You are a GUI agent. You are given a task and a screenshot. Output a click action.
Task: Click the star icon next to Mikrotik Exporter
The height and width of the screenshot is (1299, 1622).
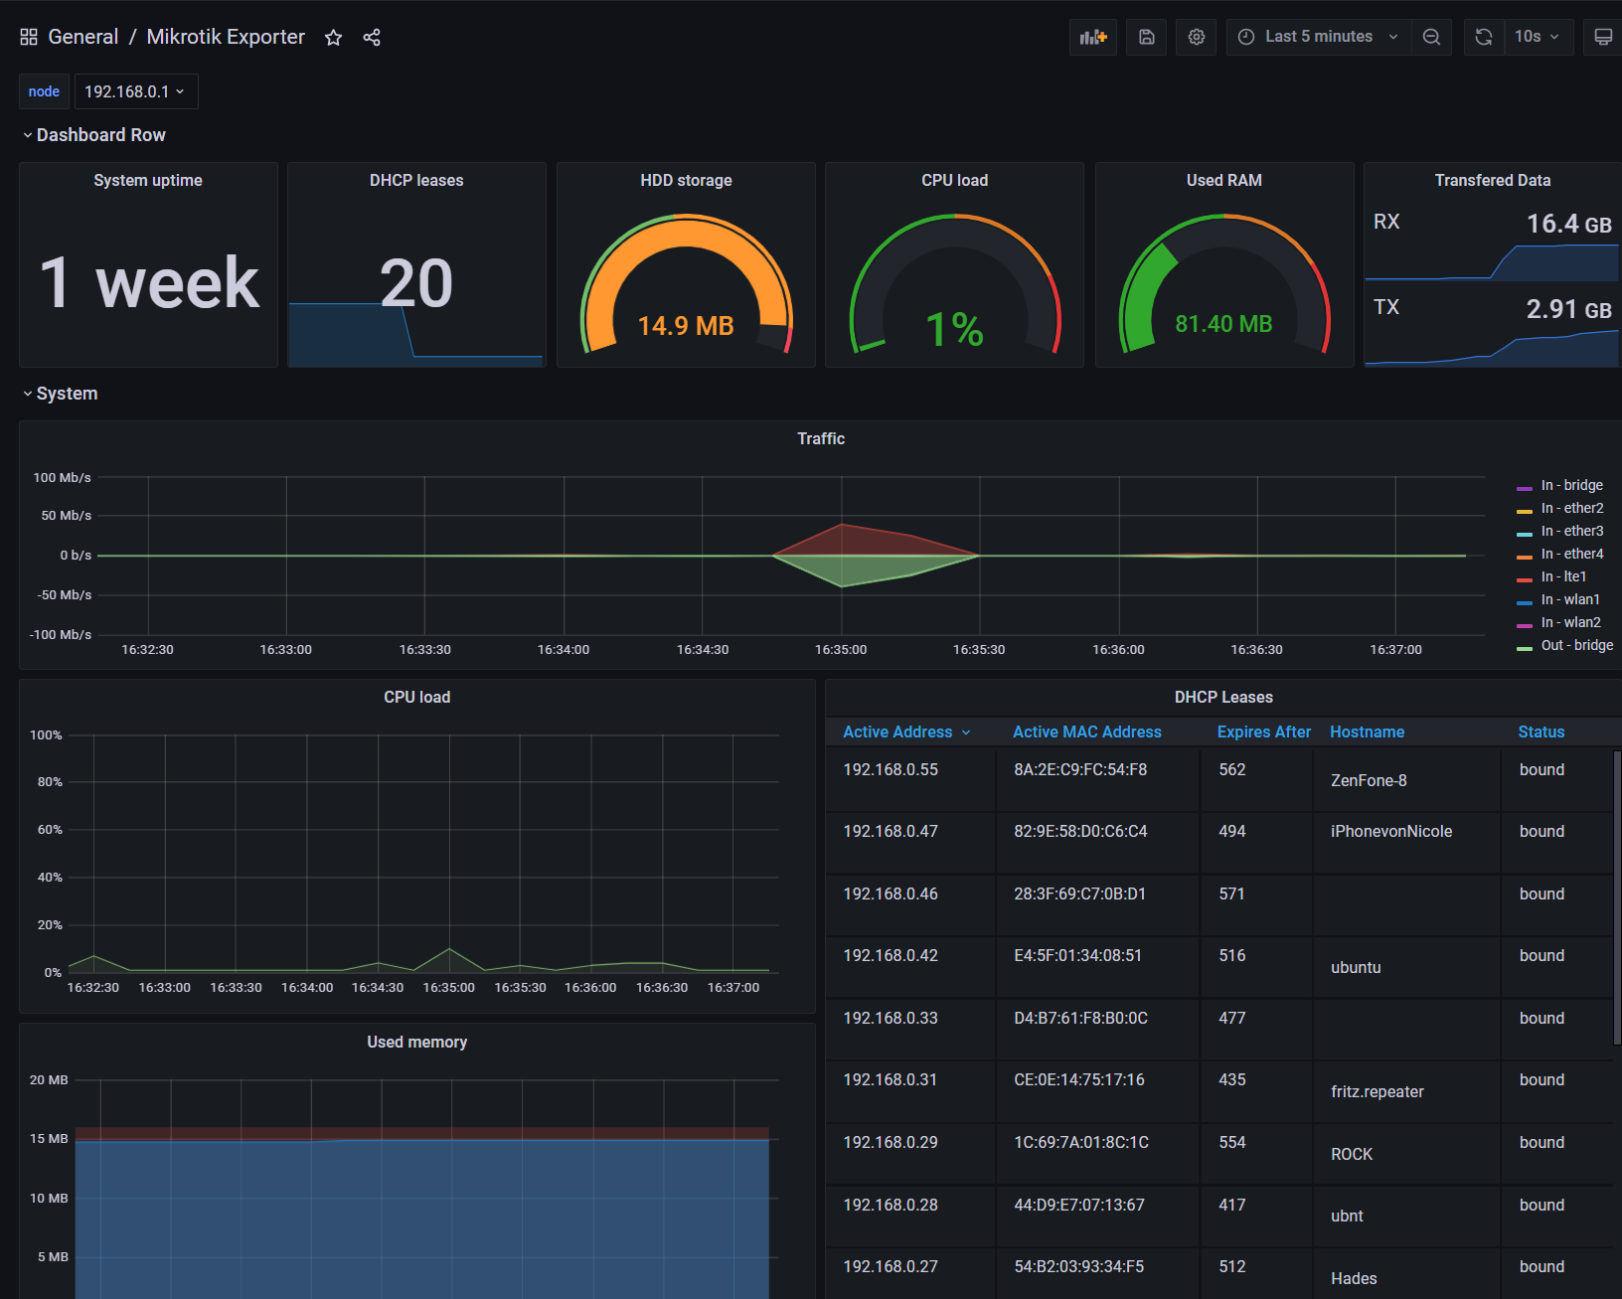click(333, 38)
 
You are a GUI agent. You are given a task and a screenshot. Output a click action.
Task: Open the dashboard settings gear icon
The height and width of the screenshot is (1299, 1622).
click(1196, 37)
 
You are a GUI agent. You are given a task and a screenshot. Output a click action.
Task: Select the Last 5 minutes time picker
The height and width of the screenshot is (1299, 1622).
click(1318, 37)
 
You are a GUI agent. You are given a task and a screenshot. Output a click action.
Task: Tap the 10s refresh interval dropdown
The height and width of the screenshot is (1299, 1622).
click(1537, 37)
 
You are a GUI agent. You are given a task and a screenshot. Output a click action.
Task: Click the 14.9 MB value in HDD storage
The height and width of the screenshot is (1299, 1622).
click(685, 326)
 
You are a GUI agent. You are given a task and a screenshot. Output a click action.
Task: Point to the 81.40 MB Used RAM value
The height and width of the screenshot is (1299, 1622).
click(1223, 324)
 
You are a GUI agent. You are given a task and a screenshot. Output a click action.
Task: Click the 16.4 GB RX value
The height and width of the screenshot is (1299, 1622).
click(1568, 225)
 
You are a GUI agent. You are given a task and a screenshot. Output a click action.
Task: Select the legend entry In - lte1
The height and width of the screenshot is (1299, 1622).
click(1562, 576)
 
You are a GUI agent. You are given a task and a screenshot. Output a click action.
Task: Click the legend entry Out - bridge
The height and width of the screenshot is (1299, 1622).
click(1576, 645)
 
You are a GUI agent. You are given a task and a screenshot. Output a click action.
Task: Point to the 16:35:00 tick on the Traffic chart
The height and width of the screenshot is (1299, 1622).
click(841, 650)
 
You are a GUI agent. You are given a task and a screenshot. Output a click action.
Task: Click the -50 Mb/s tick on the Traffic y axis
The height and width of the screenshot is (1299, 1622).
click(64, 595)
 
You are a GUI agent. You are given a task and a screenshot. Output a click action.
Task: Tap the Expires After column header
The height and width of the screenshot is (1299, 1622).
click(1263, 731)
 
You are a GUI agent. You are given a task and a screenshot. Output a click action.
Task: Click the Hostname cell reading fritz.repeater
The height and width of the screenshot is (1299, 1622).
click(1377, 1091)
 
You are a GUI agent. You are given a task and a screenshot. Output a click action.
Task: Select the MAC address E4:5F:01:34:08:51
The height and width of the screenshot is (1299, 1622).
click(1077, 955)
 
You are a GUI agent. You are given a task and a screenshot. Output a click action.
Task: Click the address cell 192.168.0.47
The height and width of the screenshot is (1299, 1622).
click(890, 831)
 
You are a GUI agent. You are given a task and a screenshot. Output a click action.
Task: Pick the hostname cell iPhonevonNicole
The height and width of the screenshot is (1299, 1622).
click(1390, 831)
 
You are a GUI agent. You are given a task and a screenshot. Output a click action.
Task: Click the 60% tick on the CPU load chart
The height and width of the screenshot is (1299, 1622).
click(50, 830)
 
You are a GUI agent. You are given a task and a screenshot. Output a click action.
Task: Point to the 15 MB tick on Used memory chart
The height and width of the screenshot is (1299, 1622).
click(49, 1139)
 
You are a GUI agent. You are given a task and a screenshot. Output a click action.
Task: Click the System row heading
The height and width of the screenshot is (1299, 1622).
click(67, 394)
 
